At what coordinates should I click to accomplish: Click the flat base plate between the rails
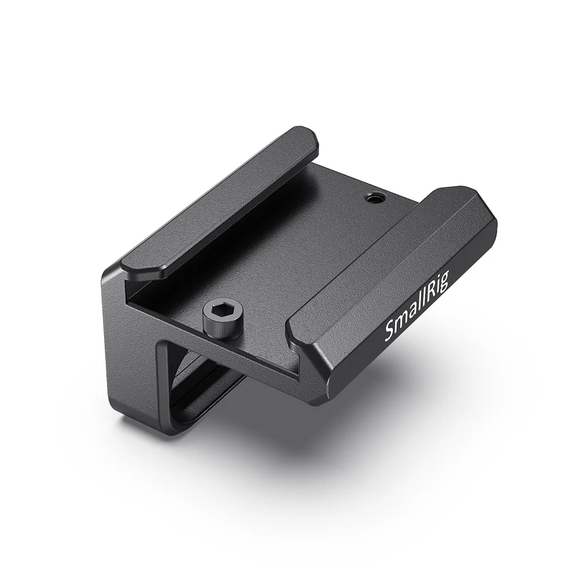tap(281, 253)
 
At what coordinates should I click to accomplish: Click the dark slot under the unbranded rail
tap(169, 287)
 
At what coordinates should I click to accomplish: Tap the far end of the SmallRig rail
tap(478, 197)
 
